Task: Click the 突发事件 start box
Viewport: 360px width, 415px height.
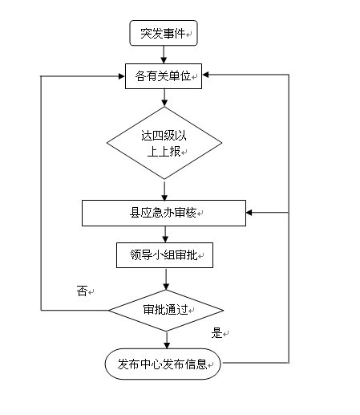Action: point(164,33)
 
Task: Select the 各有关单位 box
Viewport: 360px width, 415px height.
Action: point(164,76)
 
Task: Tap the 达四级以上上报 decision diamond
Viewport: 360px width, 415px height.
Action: point(164,143)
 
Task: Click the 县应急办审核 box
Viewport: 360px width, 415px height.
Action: point(164,213)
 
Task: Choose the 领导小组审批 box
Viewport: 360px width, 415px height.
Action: point(164,255)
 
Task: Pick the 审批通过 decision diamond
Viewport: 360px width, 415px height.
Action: point(166,311)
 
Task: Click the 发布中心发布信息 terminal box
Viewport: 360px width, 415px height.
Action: point(163,364)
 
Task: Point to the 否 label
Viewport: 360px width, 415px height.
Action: point(82,291)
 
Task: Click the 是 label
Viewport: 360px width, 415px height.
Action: point(216,333)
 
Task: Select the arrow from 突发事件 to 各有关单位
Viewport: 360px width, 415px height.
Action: point(164,55)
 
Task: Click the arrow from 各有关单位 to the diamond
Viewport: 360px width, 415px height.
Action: point(164,98)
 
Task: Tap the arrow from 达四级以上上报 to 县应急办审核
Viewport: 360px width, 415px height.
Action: point(164,191)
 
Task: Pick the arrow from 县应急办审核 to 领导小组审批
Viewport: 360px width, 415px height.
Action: point(165,234)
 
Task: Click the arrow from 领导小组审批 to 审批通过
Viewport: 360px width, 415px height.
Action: point(166,279)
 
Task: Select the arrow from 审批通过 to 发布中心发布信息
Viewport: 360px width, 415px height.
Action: point(167,340)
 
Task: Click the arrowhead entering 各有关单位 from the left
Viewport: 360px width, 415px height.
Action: point(122,76)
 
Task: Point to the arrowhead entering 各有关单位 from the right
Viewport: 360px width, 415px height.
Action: point(205,75)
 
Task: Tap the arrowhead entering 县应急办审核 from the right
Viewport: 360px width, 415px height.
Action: point(249,213)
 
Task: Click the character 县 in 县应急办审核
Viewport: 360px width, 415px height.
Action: point(135,213)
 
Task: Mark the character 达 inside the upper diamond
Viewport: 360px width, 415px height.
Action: point(147,136)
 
